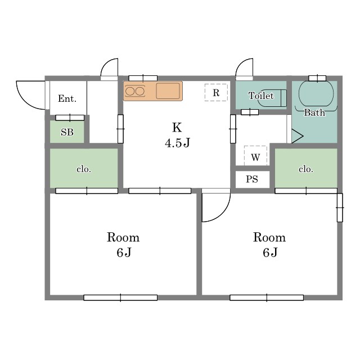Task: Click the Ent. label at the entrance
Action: (x=67, y=98)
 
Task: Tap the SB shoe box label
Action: (x=67, y=132)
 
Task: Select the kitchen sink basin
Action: (x=168, y=91)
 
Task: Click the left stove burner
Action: (x=130, y=91)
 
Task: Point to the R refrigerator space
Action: (x=216, y=92)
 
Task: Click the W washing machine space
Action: (x=255, y=155)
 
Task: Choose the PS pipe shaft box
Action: (x=253, y=179)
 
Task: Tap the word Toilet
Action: (x=261, y=96)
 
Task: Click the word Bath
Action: (x=314, y=112)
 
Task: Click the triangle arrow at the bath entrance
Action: (x=298, y=136)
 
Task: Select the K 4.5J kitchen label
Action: (x=177, y=135)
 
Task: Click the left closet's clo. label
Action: (x=84, y=169)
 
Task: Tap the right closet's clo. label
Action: (x=306, y=169)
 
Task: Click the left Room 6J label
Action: (x=123, y=245)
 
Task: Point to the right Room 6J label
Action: (x=269, y=245)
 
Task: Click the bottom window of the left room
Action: (x=120, y=298)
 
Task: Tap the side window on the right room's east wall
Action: (x=340, y=208)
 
